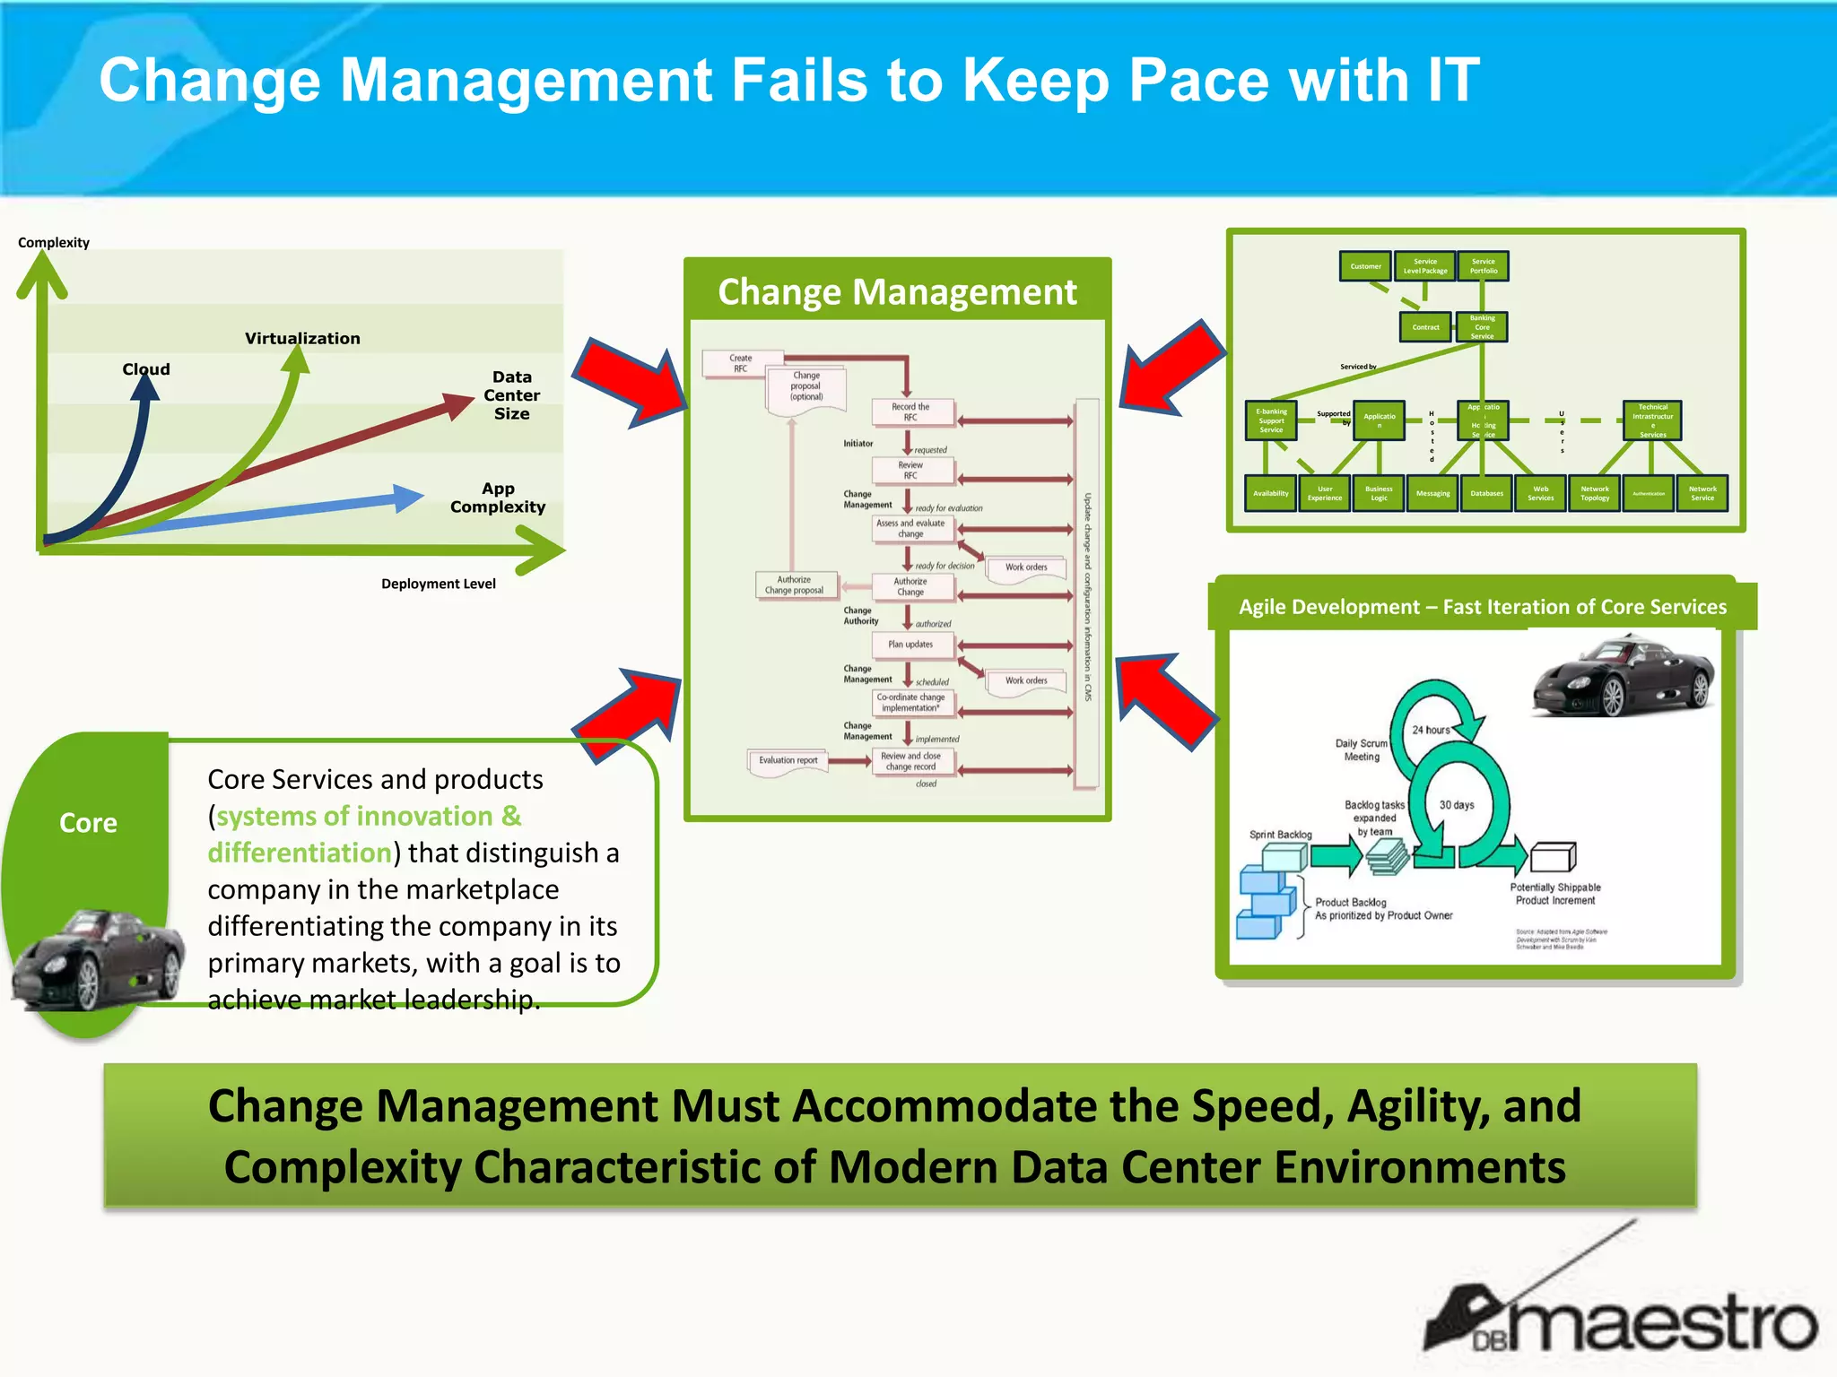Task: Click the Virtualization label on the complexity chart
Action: coord(302,338)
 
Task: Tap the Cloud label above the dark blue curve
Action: coord(145,369)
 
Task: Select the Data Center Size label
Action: coord(511,395)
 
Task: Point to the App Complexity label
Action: coord(498,498)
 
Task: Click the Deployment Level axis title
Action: coord(438,584)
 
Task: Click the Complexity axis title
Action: coord(54,243)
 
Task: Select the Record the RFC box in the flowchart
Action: coord(910,412)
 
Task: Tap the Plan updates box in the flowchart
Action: coord(910,645)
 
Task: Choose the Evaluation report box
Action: coord(788,760)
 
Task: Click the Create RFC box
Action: coord(741,363)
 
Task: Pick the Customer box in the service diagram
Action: coord(1365,266)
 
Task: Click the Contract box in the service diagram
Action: coord(1425,327)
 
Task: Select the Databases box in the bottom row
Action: coord(1486,494)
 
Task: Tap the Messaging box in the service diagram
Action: coord(1432,494)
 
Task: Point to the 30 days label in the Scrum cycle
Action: coord(1457,805)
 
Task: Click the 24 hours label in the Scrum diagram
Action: coord(1431,730)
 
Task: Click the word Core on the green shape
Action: coord(88,823)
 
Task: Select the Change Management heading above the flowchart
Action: coord(897,292)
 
